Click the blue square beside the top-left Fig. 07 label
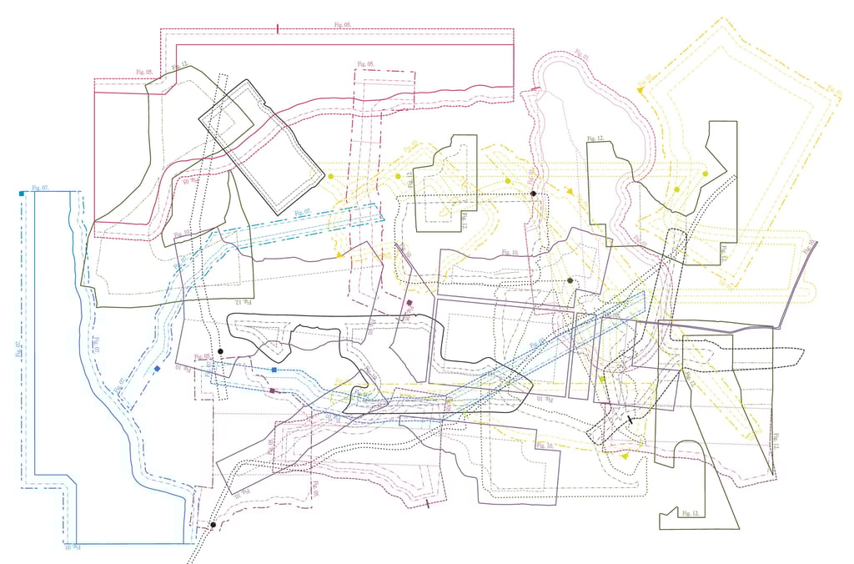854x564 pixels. click(21, 194)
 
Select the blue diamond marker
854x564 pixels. click(158, 369)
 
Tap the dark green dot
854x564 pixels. click(570, 281)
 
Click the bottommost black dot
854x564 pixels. click(213, 525)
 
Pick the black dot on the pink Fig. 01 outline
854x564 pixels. click(533, 194)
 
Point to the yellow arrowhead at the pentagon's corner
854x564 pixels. click(640, 88)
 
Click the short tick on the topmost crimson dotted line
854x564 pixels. click(277, 28)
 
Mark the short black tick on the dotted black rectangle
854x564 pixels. click(630, 420)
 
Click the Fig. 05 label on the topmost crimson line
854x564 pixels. click(342, 26)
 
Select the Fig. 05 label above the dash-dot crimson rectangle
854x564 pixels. click(364, 64)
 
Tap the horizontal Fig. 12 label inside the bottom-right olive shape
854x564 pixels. click(689, 511)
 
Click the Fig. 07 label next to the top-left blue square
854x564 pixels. click(39, 188)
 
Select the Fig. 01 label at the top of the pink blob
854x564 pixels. click(581, 57)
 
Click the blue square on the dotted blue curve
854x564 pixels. click(274, 370)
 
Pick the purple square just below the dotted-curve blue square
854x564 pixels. click(272, 390)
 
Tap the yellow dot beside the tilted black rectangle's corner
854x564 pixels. click(331, 177)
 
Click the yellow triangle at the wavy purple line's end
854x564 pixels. click(340, 254)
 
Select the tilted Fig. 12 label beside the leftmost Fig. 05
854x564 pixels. click(179, 66)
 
